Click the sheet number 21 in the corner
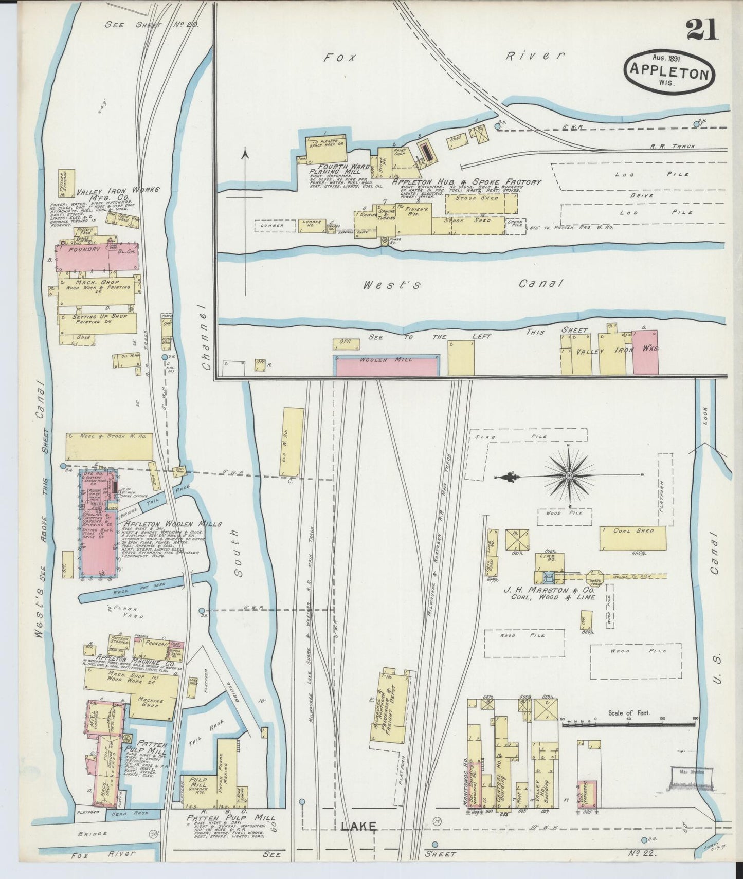point(702,30)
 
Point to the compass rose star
point(569,477)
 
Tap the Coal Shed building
point(632,538)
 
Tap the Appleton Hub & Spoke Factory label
point(466,182)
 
